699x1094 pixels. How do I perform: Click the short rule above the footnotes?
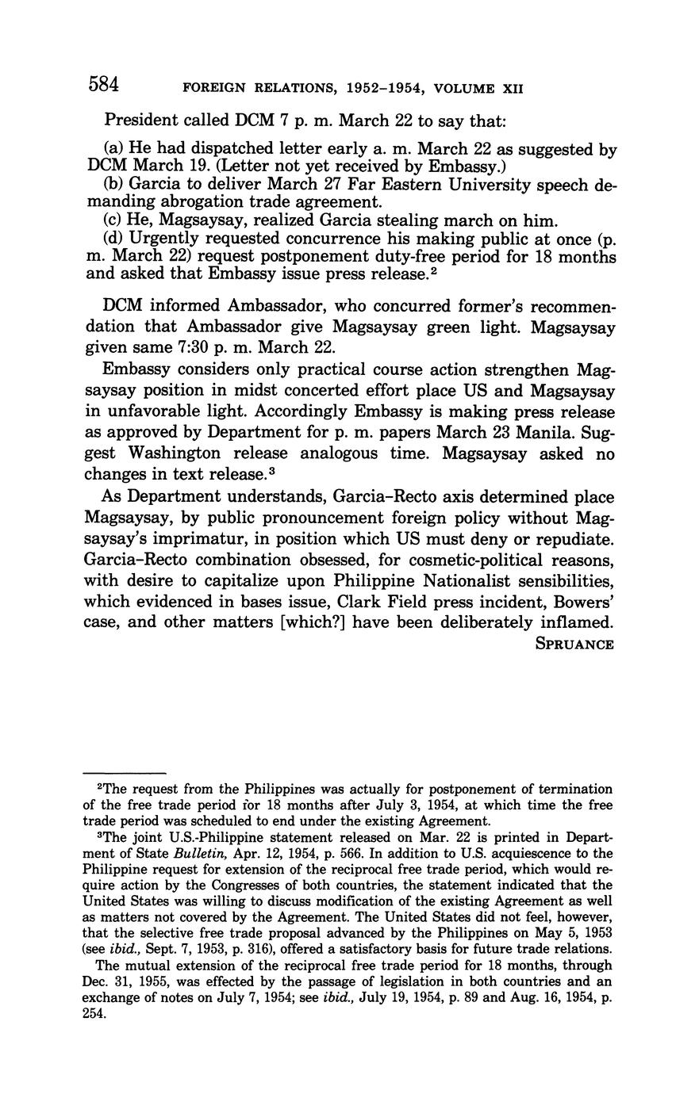click(x=125, y=772)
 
